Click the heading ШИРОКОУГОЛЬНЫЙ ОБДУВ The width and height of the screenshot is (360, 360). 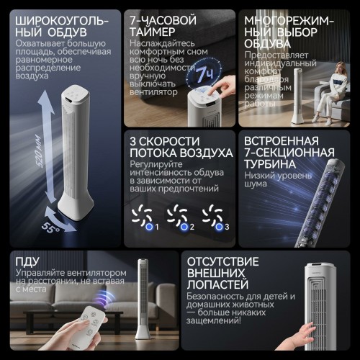(53, 24)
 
